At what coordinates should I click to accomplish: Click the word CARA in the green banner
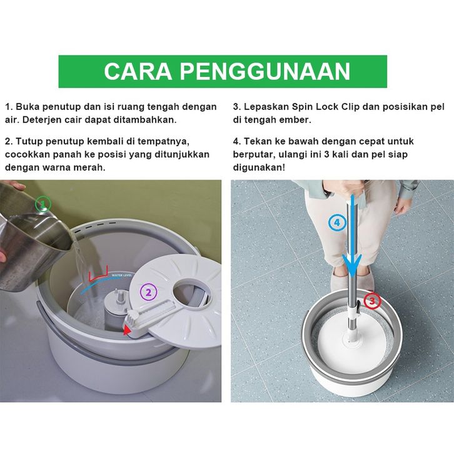pos(138,71)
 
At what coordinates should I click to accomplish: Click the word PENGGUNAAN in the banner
pos(266,71)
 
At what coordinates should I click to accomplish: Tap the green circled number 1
pos(43,204)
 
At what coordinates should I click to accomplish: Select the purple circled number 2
pos(149,292)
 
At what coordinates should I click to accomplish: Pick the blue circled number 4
pos(337,223)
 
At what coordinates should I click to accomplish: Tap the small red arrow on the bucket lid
pos(126,330)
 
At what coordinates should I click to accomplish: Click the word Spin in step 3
pos(302,107)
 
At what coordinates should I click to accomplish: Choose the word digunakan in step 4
pos(258,168)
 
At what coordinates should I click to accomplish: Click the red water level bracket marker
pos(98,275)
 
